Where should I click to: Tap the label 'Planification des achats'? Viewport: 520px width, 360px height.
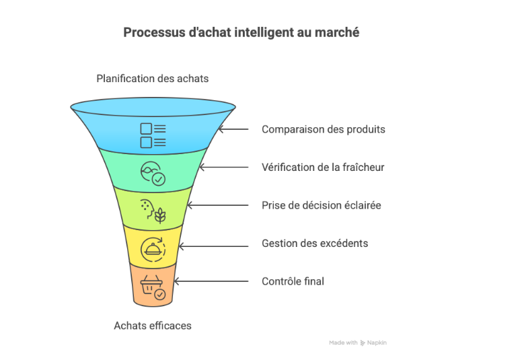153,79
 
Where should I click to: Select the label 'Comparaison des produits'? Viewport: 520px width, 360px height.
324,129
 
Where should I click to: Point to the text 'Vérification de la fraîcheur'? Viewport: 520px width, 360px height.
323,167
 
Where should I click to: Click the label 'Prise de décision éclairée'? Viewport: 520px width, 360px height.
322,205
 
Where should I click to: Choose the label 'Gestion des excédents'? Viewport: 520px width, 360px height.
315,243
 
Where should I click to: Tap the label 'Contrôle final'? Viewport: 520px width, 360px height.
293,281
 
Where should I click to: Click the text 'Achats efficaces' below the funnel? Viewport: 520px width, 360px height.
153,326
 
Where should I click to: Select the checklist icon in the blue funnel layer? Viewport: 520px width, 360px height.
153,135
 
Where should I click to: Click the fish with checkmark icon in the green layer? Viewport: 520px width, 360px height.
153,174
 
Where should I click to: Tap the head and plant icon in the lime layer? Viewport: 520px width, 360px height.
153,211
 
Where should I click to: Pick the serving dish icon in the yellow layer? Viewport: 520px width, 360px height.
153,250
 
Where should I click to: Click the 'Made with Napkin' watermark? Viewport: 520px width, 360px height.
358,343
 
